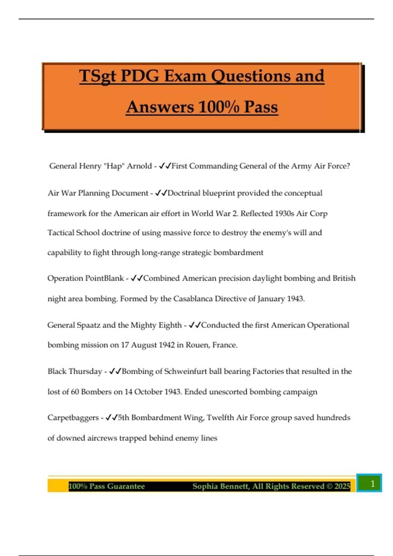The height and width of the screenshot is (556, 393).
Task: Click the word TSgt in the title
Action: [98, 76]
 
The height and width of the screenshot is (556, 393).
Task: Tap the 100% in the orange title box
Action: [218, 107]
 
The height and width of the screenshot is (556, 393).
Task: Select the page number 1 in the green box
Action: [372, 483]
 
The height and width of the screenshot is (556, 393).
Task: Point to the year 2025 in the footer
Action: [342, 486]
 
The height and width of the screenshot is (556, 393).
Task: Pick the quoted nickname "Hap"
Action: [114, 166]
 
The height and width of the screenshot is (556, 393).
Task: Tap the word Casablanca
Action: [193, 299]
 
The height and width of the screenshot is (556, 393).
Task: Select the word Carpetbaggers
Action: [73, 418]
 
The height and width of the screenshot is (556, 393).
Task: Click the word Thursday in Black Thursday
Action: [86, 372]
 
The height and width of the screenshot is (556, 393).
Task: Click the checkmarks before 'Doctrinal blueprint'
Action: [161, 193]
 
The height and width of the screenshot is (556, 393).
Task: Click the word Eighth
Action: [170, 325]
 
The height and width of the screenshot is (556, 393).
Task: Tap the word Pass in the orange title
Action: [261, 107]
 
